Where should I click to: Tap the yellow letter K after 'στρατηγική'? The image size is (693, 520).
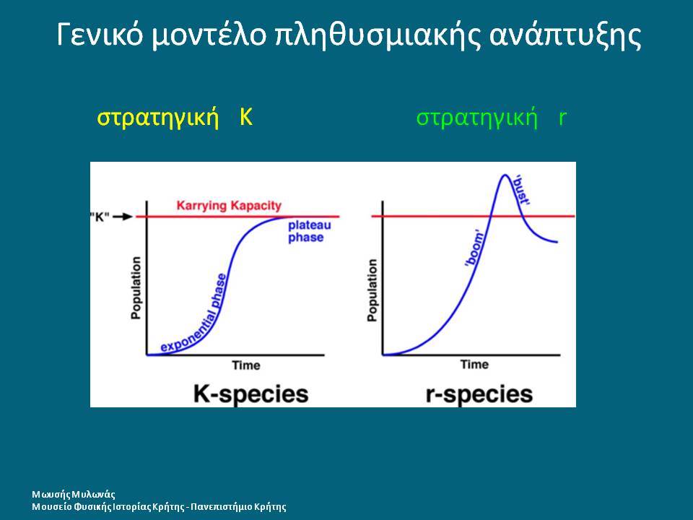pyautogui.click(x=245, y=117)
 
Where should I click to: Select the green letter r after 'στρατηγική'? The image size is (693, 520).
pyautogui.click(x=562, y=118)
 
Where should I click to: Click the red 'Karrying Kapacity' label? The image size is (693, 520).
pyautogui.click(x=229, y=206)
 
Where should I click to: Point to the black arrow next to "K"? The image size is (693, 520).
pyautogui.click(x=123, y=217)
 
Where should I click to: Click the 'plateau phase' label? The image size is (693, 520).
pyautogui.click(x=310, y=231)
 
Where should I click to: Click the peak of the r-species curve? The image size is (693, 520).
pyautogui.click(x=505, y=175)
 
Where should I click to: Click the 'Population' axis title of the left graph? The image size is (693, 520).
pyautogui.click(x=136, y=288)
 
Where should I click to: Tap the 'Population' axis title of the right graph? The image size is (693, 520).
pyautogui.click(x=372, y=290)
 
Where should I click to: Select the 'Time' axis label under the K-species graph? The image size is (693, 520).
pyautogui.click(x=246, y=365)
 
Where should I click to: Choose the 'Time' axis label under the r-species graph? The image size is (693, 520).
pyautogui.click(x=475, y=365)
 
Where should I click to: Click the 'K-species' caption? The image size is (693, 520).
pyautogui.click(x=251, y=394)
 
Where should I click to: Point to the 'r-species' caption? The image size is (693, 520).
pyautogui.click(x=479, y=394)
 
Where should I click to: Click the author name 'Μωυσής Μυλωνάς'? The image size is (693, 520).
pyautogui.click(x=74, y=495)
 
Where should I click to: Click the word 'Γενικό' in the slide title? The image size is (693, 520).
pyautogui.click(x=100, y=35)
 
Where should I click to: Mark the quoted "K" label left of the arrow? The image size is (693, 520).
pyautogui.click(x=100, y=217)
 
